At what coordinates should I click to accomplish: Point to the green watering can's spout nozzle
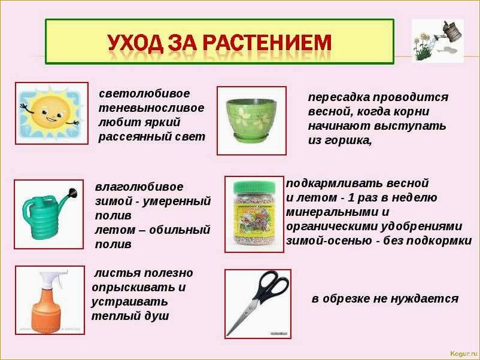pos(73,194)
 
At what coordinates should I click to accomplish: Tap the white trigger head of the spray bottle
pos(52,277)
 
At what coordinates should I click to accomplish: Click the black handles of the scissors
pos(271,286)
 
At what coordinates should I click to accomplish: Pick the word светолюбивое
pos(144,94)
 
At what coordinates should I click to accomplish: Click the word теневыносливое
pos(151,108)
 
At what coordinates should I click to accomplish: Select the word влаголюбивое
pos(139,187)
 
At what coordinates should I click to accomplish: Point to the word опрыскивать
pos(133,288)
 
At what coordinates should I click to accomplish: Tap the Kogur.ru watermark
pos(463,353)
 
